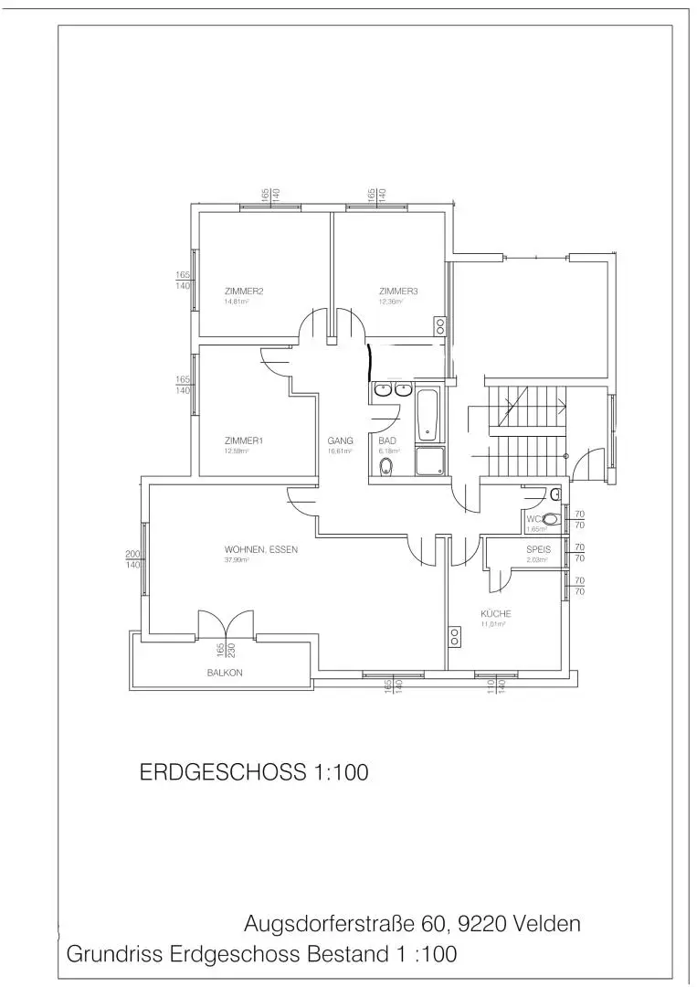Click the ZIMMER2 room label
point(244,292)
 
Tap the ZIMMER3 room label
point(398,292)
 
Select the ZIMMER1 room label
point(244,440)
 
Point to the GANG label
point(340,440)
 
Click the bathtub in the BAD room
point(428,414)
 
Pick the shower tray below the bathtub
point(429,461)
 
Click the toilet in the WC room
point(548,520)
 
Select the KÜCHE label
point(496,613)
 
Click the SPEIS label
point(538,549)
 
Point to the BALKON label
point(225,673)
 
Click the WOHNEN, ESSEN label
point(261,550)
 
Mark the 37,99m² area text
point(238,560)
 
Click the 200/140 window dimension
point(133,560)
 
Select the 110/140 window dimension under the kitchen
point(496,687)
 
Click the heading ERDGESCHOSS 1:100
point(253,772)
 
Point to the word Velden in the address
point(545,923)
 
